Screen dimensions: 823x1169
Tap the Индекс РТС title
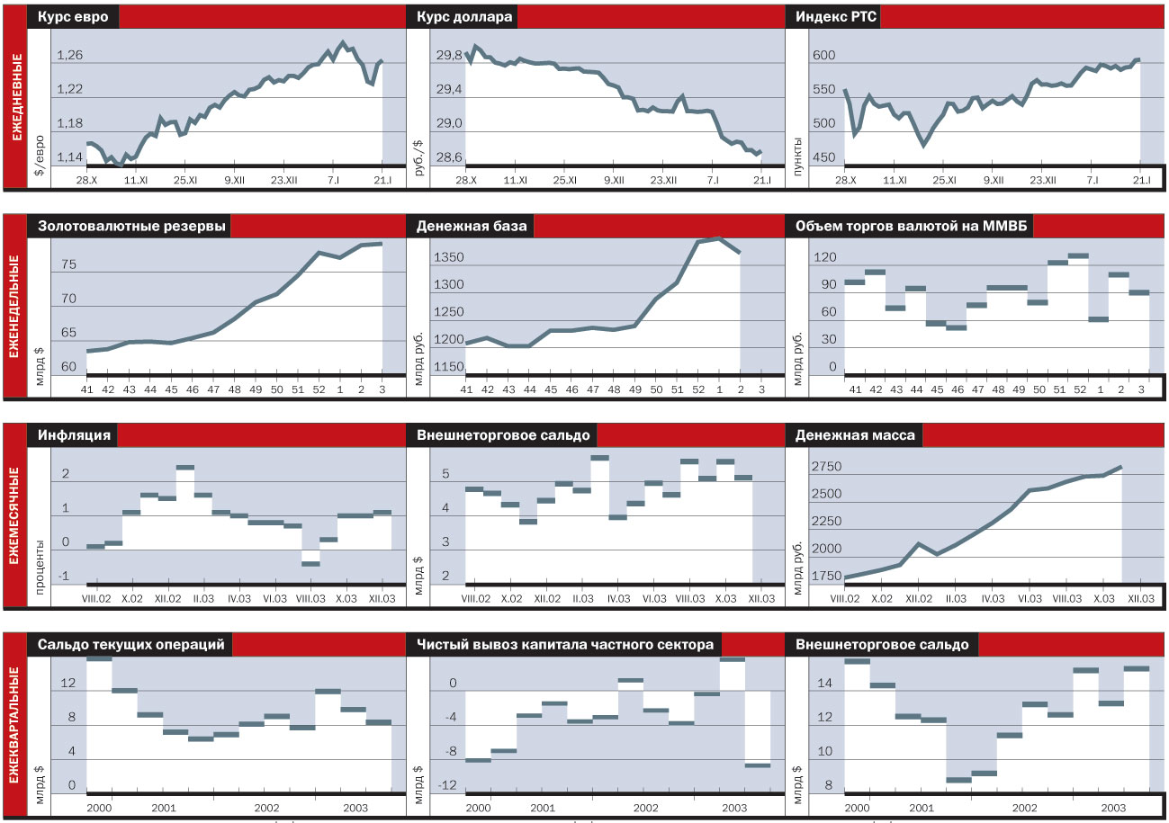(x=832, y=17)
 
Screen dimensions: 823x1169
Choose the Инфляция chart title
(x=74, y=435)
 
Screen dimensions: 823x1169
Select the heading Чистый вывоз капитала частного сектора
(x=564, y=645)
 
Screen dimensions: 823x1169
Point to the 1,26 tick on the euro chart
(x=69, y=56)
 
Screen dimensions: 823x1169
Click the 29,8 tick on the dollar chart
(x=448, y=56)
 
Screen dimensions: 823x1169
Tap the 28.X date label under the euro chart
(x=86, y=180)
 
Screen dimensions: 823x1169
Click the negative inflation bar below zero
(x=310, y=564)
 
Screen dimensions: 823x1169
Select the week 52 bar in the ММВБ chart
(x=1078, y=255)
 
